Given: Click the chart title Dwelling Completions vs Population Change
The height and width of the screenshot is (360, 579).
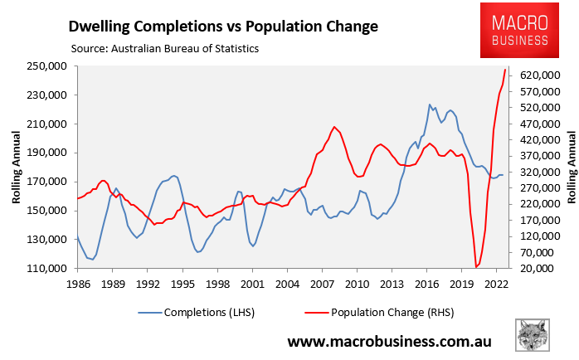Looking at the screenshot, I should (223, 26).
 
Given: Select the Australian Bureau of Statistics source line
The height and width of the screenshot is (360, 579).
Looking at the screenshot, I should (165, 49).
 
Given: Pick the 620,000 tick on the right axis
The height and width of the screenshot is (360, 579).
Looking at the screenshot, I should (534, 75).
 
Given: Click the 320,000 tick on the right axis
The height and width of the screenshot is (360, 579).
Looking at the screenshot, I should (534, 173).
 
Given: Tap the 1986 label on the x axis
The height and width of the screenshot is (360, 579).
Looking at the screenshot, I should (77, 284).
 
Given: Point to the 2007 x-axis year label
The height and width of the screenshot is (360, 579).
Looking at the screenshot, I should (322, 284).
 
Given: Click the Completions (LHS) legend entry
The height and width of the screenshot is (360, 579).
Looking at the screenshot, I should (200, 313).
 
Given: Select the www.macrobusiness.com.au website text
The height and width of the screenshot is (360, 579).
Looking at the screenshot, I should (389, 341).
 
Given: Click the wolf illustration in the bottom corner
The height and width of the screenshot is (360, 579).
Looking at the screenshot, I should (533, 336).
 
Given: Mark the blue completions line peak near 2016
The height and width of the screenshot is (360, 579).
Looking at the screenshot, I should (429, 105).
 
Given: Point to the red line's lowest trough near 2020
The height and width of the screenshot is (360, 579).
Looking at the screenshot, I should (476, 267).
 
